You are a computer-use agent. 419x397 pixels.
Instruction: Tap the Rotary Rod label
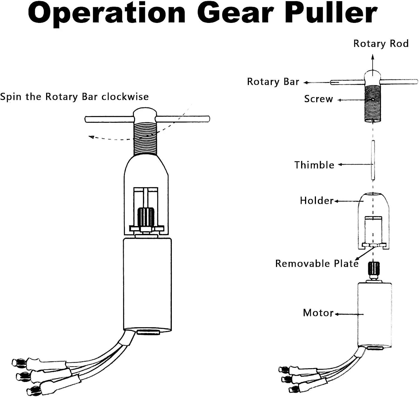(381, 44)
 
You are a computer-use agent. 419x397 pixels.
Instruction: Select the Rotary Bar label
(273, 82)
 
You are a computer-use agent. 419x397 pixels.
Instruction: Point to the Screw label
(318, 99)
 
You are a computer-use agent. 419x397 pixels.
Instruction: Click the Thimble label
(314, 165)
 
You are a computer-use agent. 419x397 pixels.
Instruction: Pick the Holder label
(317, 201)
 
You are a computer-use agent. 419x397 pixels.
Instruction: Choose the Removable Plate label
(317, 264)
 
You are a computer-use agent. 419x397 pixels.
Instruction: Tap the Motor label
(318, 313)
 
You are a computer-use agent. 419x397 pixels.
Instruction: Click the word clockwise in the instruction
(125, 97)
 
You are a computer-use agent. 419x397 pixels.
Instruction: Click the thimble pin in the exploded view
(373, 160)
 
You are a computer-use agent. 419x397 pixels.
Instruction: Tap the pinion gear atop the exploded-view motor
(374, 269)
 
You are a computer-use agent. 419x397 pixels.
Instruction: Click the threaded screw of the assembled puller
(145, 139)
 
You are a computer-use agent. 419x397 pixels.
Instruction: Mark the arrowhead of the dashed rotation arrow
(91, 137)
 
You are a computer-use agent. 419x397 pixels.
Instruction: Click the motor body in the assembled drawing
(147, 285)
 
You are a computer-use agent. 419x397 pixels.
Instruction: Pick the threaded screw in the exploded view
(373, 104)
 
